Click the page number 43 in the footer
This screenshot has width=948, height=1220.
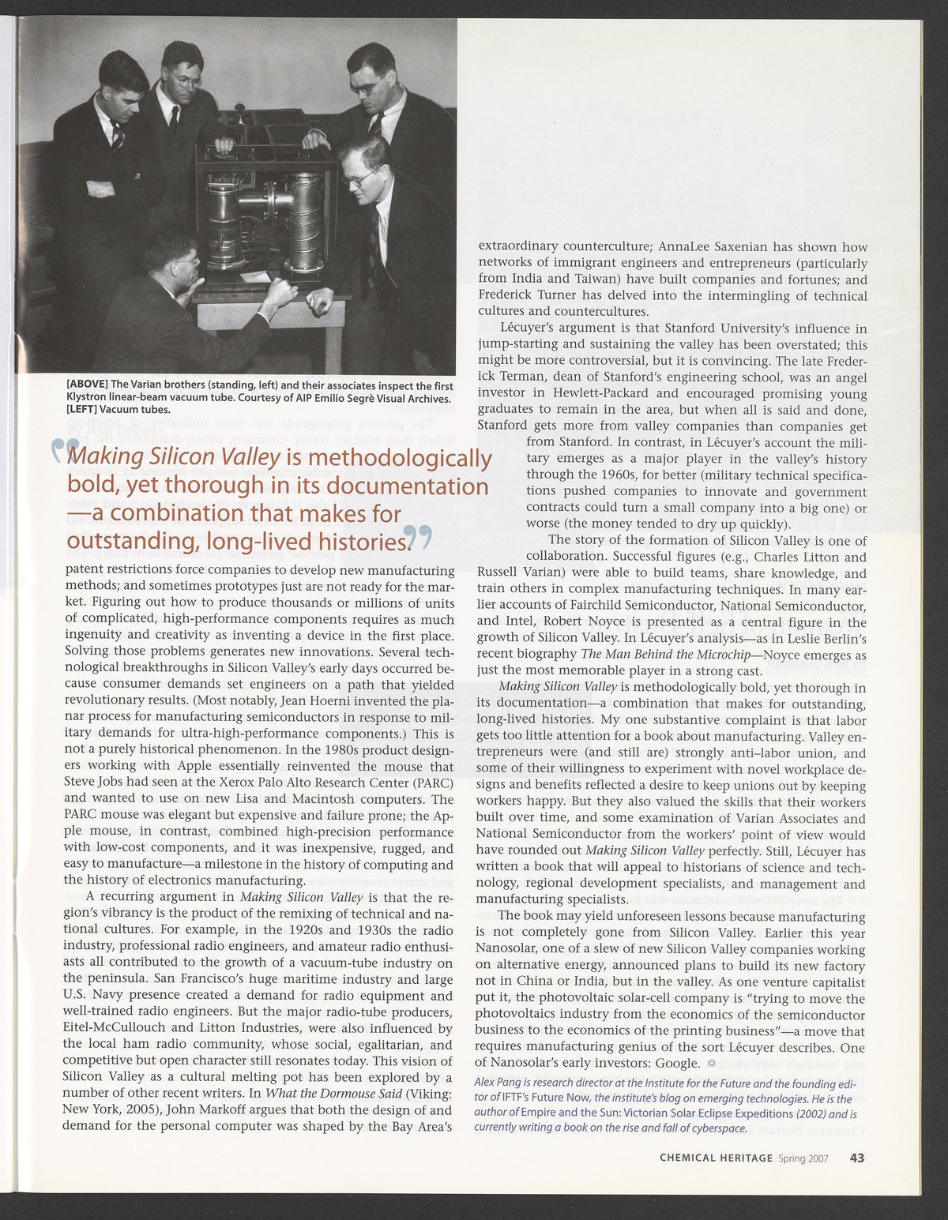(x=856, y=1158)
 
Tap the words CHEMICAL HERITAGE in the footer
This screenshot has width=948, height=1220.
(x=716, y=1158)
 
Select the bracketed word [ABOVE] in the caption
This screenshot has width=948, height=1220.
(x=87, y=385)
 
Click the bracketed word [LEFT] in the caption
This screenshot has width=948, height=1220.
(x=82, y=409)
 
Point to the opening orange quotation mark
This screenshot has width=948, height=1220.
(x=61, y=452)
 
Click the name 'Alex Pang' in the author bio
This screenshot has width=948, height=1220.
(x=496, y=1082)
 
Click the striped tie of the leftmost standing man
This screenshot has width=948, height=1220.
(x=117, y=136)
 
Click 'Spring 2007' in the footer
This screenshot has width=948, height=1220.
(x=803, y=1158)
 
